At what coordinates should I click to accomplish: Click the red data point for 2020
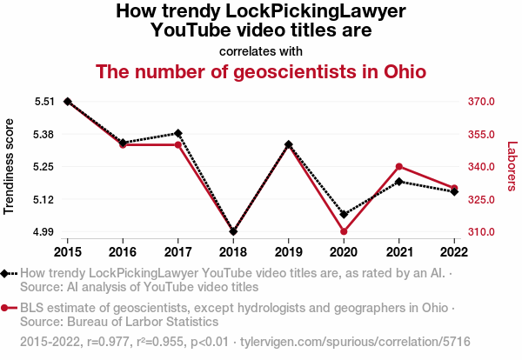point(344,231)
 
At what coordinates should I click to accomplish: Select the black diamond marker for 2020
point(344,214)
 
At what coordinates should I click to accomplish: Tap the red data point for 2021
point(398,166)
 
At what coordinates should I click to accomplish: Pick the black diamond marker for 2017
point(178,133)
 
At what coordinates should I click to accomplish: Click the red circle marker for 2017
point(178,144)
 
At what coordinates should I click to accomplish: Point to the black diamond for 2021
point(398,182)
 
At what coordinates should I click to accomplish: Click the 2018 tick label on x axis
point(233,252)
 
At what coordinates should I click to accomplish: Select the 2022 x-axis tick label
point(454,252)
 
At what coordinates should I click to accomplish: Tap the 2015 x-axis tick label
point(68,252)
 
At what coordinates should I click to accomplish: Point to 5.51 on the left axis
point(44,102)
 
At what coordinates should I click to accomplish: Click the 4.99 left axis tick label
point(44,232)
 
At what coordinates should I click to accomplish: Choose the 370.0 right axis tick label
point(480,102)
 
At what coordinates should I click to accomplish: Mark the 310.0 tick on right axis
point(480,232)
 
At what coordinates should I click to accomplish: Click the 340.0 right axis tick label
point(480,167)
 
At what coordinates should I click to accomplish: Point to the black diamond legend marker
point(6,274)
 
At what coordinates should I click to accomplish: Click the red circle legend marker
point(6,308)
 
